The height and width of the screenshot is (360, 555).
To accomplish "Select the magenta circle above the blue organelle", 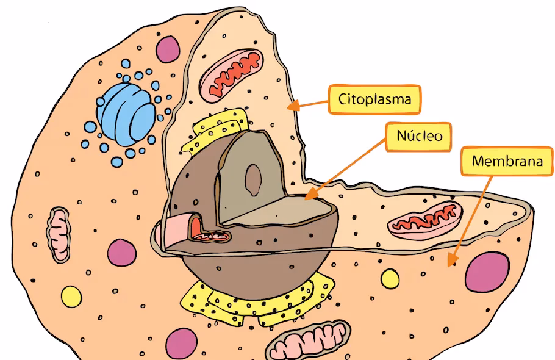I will [168, 49].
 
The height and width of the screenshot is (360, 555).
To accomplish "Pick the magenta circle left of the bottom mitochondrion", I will [181, 342].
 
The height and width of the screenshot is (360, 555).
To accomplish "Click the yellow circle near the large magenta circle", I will [390, 279].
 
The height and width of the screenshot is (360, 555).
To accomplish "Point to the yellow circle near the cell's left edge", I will [71, 297].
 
